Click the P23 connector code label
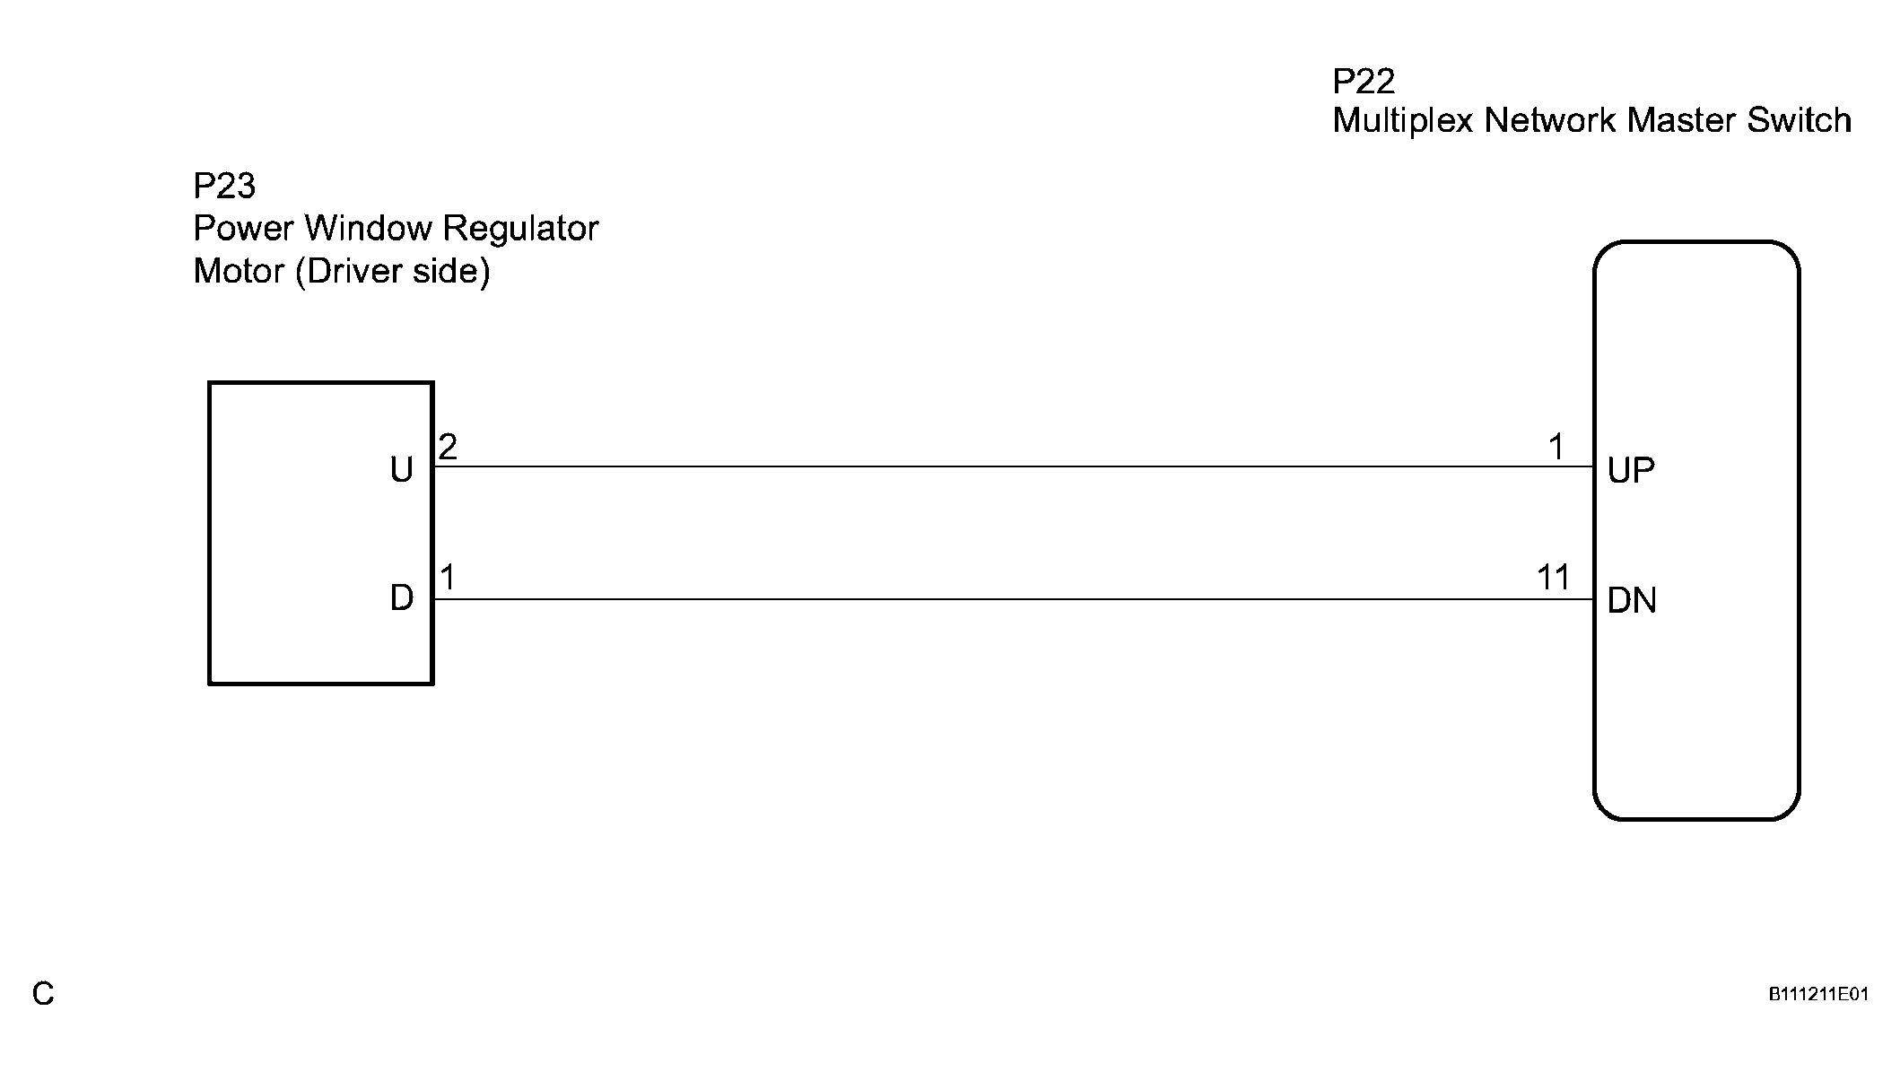[224, 187]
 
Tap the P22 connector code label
[1364, 82]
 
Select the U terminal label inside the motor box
[401, 470]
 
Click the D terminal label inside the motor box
[401, 598]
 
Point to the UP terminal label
[1631, 470]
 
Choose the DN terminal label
[1632, 600]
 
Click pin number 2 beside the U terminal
[448, 446]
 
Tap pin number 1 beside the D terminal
[448, 577]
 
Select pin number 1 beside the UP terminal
[1556, 446]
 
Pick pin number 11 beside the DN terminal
[1554, 577]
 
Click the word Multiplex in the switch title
[1402, 121]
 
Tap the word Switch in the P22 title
[1799, 120]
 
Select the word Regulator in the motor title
[520, 229]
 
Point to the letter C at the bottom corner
[43, 994]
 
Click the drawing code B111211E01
[1817, 994]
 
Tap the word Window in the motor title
[369, 228]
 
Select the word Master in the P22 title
[1682, 120]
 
